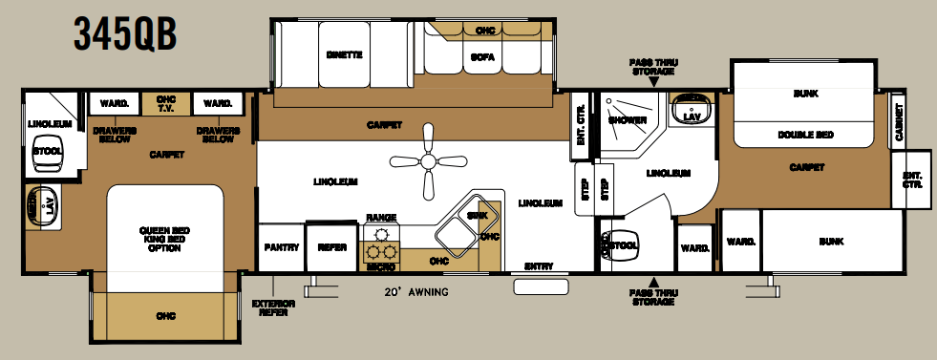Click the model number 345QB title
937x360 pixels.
pos(124,36)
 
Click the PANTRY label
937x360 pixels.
pos(281,247)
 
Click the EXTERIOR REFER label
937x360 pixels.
pos(273,307)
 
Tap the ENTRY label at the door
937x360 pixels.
pos(540,266)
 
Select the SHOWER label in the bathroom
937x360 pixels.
pos(627,120)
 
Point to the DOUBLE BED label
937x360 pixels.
pos(804,135)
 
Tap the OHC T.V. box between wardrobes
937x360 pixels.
pos(167,103)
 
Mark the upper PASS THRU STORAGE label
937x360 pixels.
pos(652,67)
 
